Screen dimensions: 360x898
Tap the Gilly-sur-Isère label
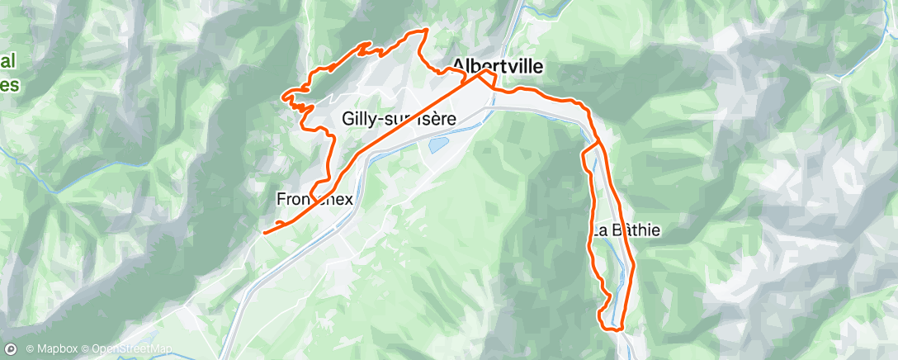coord(399,119)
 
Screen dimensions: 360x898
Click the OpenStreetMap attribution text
coord(132,349)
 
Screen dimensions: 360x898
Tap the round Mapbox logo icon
coord(12,348)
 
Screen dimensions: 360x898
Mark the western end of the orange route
coord(264,233)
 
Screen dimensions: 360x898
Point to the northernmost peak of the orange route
coord(425,30)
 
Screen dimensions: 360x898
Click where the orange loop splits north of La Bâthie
coord(596,145)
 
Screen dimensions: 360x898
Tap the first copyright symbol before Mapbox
coord(31,349)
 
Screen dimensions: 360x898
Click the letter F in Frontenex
coord(281,198)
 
